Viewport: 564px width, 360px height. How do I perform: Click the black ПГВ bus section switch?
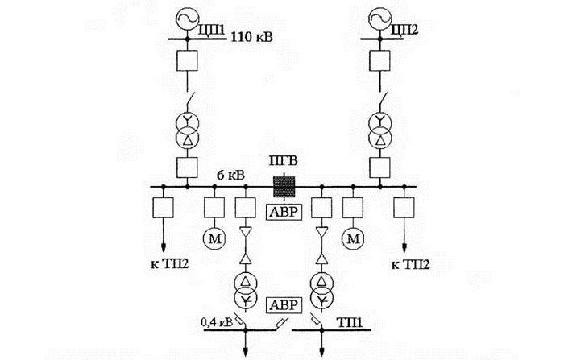click(x=284, y=186)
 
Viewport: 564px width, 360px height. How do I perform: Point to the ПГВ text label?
click(x=283, y=164)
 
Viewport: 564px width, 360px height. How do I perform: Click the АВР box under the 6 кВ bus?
click(x=283, y=212)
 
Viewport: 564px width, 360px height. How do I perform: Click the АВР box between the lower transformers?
click(x=283, y=304)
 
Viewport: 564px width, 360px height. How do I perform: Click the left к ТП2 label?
click(x=169, y=263)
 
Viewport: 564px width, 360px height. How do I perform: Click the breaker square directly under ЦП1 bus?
click(x=187, y=60)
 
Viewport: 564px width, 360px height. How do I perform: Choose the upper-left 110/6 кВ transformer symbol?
click(x=187, y=130)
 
